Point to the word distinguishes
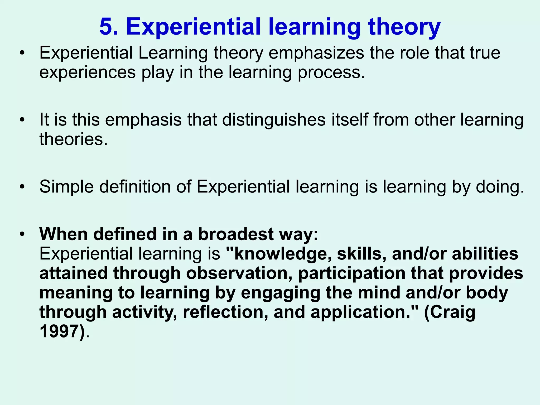pyautogui.click(x=273, y=120)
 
